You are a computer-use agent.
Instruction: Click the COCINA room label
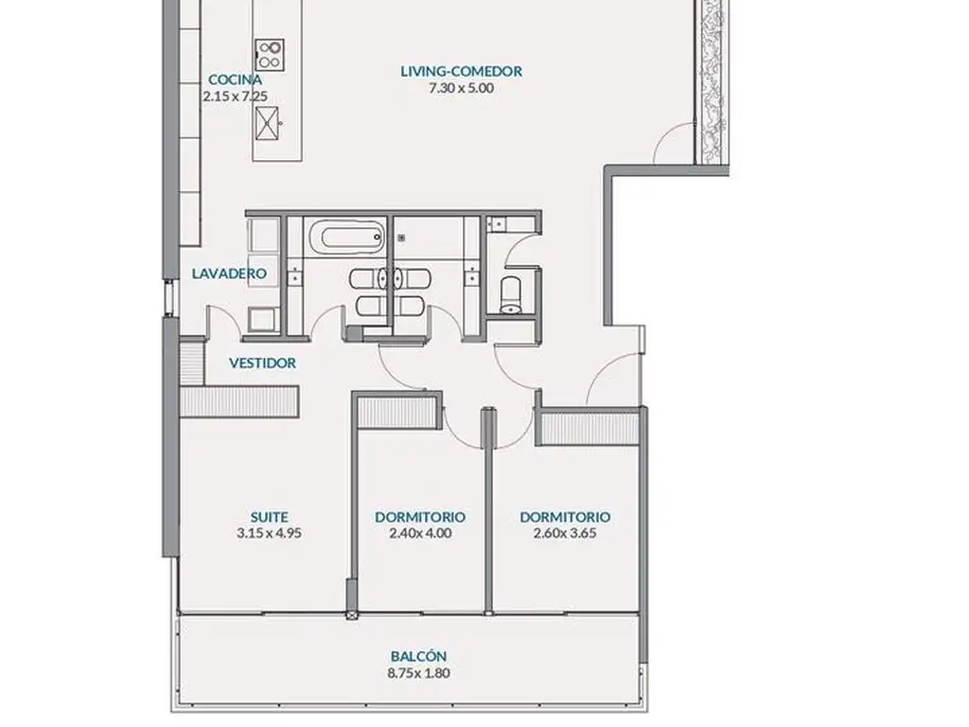point(235,80)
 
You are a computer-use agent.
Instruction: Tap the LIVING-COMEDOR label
point(461,71)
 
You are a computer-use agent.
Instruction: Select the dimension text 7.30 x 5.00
point(461,88)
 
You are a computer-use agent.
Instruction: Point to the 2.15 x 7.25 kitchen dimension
point(235,96)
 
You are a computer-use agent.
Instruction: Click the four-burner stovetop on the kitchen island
point(270,54)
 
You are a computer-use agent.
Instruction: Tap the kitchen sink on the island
point(267,123)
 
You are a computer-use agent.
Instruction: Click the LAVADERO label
point(229,274)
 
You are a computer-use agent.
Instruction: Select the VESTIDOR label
point(262,363)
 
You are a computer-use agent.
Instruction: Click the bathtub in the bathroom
point(346,238)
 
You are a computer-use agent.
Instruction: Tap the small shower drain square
point(401,238)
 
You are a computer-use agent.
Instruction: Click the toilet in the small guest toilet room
point(511,295)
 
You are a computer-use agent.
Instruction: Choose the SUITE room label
point(269,517)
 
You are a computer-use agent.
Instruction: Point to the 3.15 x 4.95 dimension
point(269,533)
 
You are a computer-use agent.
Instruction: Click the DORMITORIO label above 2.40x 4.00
point(420,517)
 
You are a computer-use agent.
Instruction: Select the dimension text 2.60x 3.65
point(565,533)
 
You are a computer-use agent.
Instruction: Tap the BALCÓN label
point(418,656)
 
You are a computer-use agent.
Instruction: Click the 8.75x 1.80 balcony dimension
point(418,673)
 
